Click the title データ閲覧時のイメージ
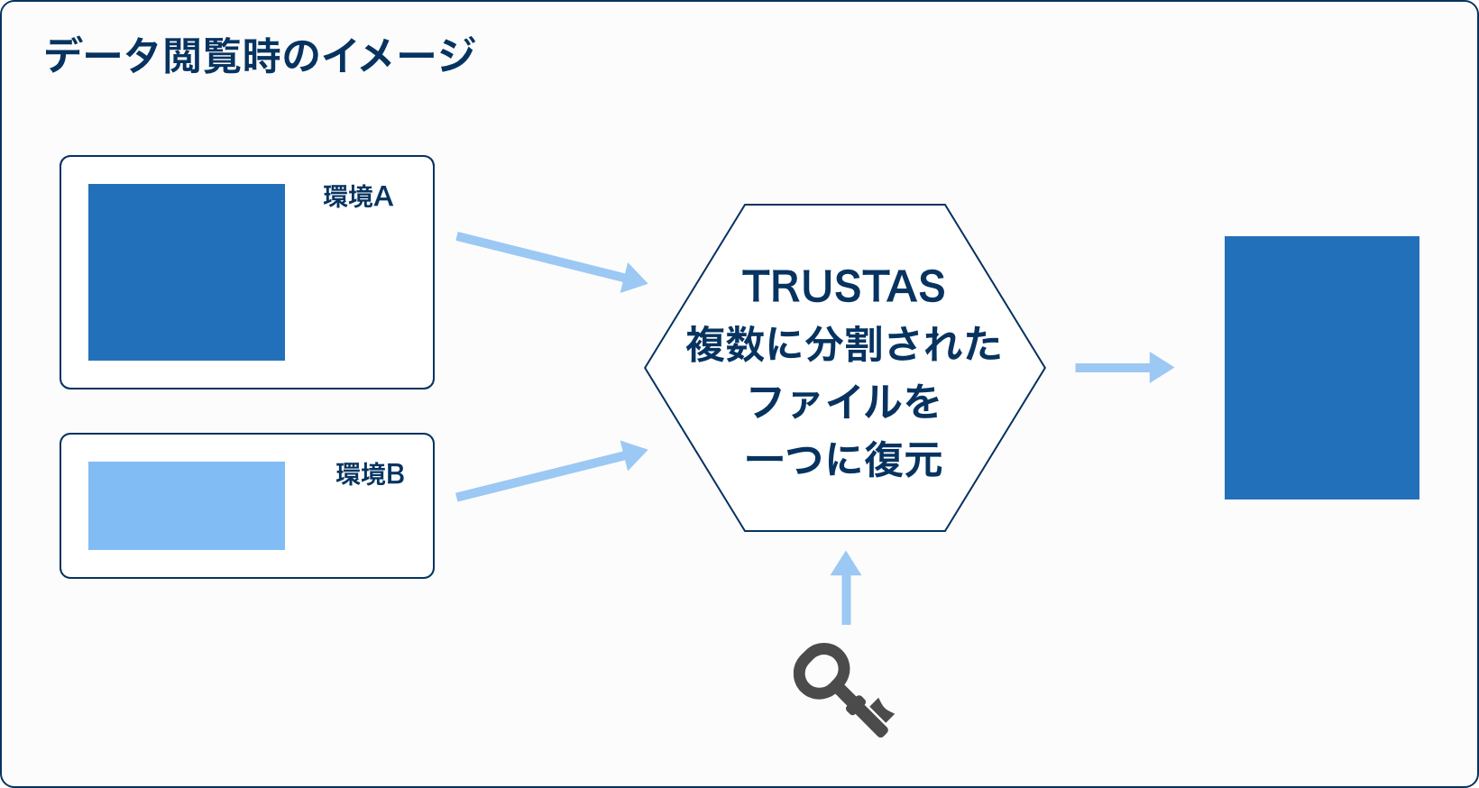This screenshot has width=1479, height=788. pyautogui.click(x=260, y=55)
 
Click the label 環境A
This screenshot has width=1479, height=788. pyautogui.click(x=358, y=197)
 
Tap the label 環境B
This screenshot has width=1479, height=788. pyautogui.click(x=370, y=474)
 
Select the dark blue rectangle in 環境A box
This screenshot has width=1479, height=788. pyautogui.click(x=187, y=272)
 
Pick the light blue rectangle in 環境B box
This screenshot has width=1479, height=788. pyautogui.click(x=187, y=506)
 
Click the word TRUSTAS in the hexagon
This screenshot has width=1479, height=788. pyautogui.click(x=844, y=287)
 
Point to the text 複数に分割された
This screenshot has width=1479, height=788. pyautogui.click(x=844, y=344)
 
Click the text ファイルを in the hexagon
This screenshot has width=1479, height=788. pyautogui.click(x=844, y=402)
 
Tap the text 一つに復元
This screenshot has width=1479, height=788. pyautogui.click(x=844, y=459)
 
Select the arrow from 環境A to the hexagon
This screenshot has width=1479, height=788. pyautogui.click(x=552, y=261)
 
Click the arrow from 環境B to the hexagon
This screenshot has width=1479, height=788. pyautogui.click(x=552, y=471)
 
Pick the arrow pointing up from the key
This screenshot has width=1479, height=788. pyautogui.click(x=846, y=587)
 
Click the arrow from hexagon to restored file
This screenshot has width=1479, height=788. pyautogui.click(x=1125, y=368)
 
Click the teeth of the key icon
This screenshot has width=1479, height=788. pyautogui.click(x=881, y=710)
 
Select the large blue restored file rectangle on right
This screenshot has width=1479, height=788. pyautogui.click(x=1322, y=368)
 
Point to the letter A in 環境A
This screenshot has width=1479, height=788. pyautogui.click(x=383, y=197)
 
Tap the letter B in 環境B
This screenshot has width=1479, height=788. pyautogui.click(x=395, y=474)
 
